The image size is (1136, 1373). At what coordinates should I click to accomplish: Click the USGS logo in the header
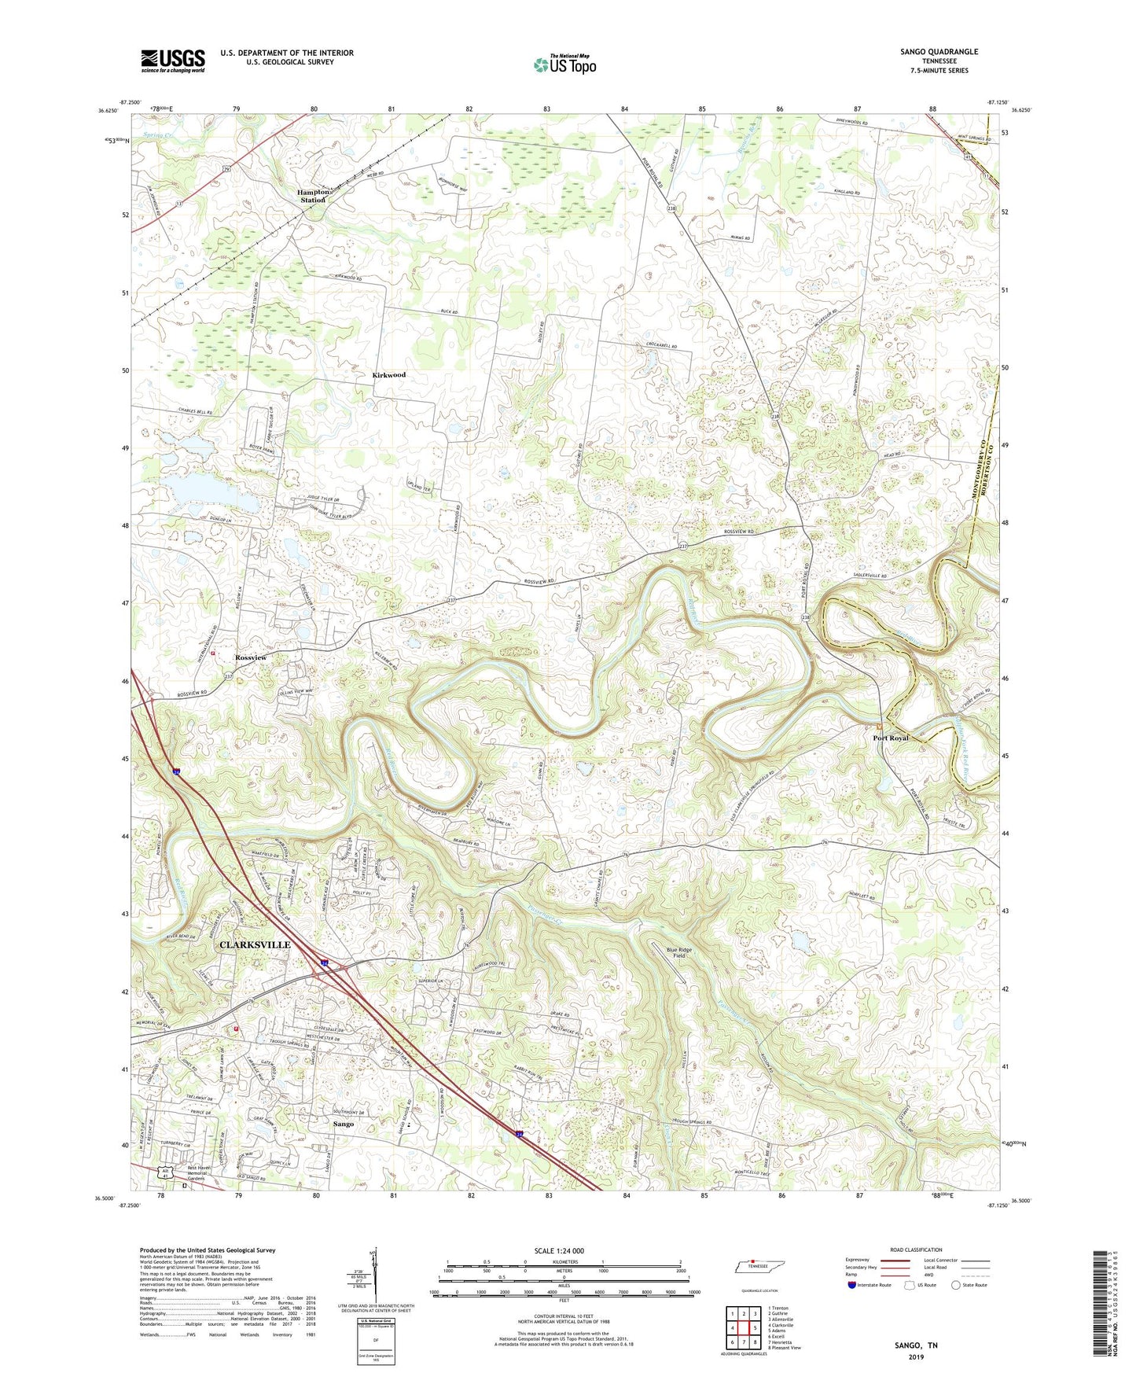point(173,61)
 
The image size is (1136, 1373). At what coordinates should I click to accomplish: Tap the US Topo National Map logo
point(564,64)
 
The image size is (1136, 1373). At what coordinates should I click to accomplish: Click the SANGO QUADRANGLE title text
point(939,52)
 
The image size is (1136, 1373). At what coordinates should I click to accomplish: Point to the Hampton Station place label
point(312,197)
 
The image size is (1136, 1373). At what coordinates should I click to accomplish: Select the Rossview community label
point(251,657)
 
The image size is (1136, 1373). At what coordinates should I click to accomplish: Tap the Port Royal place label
point(891,738)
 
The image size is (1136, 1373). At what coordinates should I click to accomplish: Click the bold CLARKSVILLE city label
point(255,944)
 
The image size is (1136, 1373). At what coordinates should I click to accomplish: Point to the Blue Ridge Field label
point(679,953)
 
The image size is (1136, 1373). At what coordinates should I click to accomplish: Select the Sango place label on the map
point(343,1124)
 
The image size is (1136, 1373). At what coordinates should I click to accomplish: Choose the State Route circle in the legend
point(956,1285)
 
